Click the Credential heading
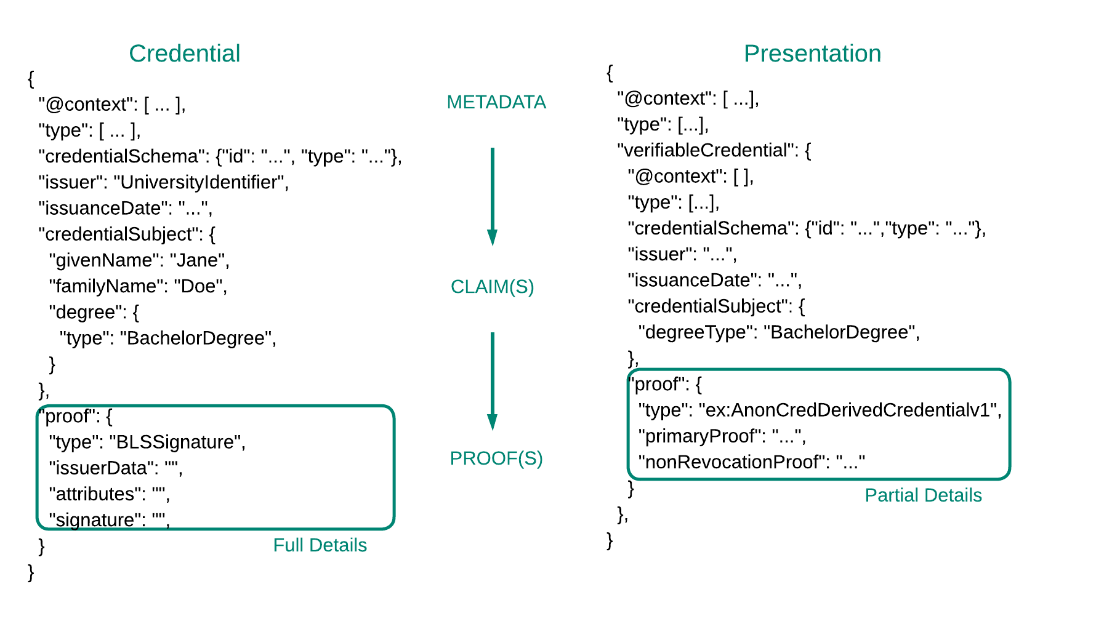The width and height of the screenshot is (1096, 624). tap(184, 54)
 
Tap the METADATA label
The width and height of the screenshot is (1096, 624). tap(496, 102)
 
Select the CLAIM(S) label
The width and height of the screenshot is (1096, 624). tap(492, 287)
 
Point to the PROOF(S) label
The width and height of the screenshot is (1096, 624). tap(496, 458)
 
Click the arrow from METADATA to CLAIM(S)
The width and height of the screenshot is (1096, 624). tap(492, 197)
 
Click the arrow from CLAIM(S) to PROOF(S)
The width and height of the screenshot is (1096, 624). tap(492, 382)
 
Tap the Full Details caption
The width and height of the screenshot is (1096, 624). tap(320, 545)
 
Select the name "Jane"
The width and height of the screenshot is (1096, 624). tap(198, 260)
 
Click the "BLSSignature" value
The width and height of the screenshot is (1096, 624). tap(175, 442)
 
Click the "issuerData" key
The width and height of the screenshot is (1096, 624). tap(102, 468)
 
